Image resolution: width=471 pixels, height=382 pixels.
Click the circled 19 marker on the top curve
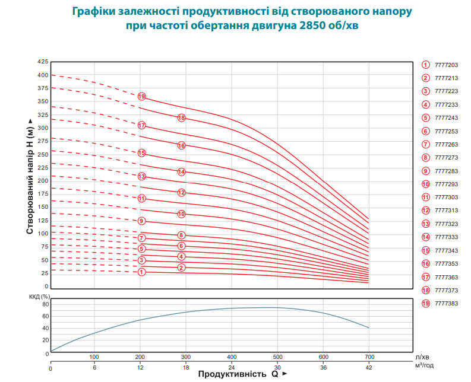tap(141, 96)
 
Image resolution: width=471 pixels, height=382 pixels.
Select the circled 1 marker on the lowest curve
tap(141, 272)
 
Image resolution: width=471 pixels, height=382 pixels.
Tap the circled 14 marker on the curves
tap(182, 172)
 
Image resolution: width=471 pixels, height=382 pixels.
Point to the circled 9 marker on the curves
tap(141, 221)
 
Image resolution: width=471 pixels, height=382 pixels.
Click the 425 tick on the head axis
tap(42, 62)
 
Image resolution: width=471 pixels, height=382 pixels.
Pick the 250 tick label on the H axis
tap(42, 154)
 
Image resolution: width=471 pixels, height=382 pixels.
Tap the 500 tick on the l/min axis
tap(277, 357)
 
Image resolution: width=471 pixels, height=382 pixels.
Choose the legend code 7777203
tap(446, 65)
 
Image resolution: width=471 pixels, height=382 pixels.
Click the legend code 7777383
tap(446, 303)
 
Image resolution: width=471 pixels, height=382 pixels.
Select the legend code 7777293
tap(446, 184)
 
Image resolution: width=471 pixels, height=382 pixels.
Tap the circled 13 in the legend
tap(426, 224)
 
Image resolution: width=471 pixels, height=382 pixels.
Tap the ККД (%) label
tap(40, 296)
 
